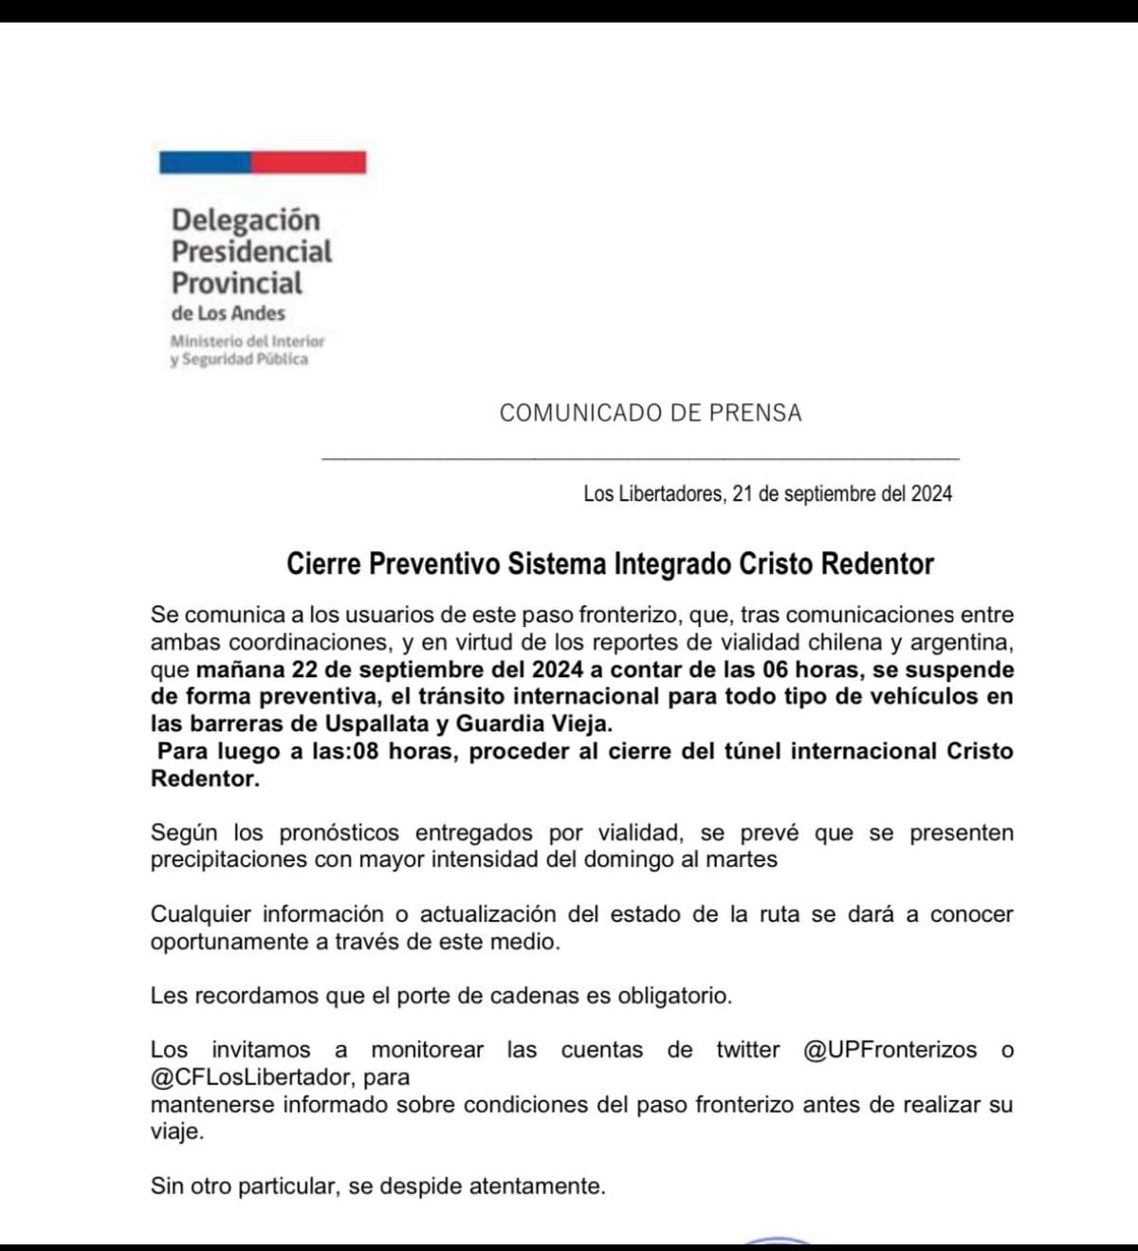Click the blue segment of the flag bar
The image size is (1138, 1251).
(x=205, y=162)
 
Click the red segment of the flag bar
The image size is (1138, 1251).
(x=309, y=162)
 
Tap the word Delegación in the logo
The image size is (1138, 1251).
(x=246, y=220)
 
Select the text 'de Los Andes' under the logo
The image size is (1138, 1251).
(x=228, y=313)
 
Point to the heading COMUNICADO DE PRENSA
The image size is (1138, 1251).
(x=650, y=413)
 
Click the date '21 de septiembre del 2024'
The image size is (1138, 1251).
(x=842, y=493)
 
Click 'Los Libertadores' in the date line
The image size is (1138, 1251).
(x=653, y=493)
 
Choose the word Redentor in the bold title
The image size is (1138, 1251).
(x=877, y=563)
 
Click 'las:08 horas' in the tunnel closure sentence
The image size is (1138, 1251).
(x=394, y=751)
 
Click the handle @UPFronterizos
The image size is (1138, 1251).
(x=890, y=1050)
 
